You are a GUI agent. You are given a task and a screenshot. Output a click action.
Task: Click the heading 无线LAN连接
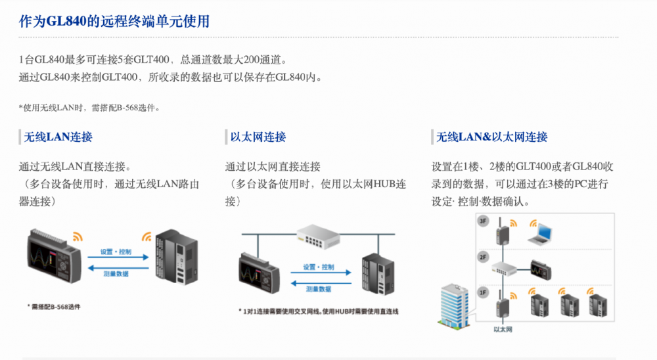[58, 137]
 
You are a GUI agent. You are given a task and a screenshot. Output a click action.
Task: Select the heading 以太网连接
[258, 137]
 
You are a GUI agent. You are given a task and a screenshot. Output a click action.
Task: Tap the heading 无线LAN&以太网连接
[492, 137]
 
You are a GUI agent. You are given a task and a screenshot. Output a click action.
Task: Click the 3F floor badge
[484, 221]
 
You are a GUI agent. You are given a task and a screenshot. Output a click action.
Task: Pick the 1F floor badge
[484, 291]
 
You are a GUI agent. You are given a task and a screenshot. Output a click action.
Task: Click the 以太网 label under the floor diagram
[503, 328]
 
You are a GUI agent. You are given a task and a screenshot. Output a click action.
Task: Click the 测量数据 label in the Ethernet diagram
[318, 288]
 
